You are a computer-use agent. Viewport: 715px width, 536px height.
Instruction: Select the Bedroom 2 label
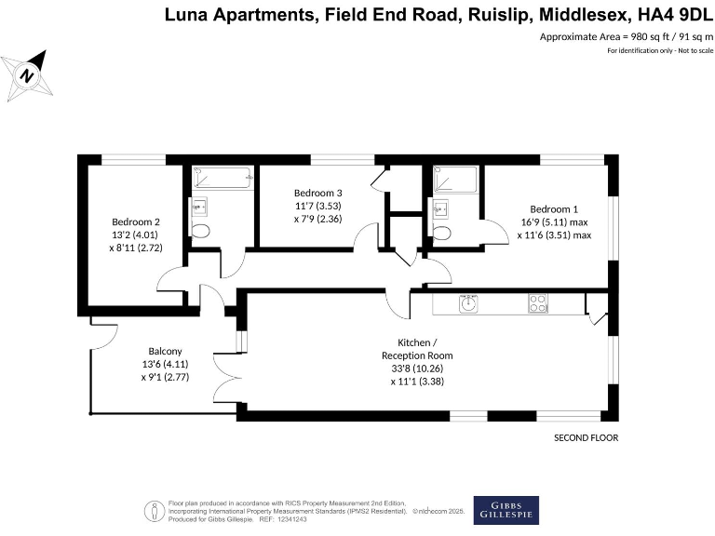(136, 221)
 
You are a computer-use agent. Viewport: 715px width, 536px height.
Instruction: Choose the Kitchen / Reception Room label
(416, 349)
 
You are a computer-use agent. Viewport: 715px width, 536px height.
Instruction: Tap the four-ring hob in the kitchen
(537, 301)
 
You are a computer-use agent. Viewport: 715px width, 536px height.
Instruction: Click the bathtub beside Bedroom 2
(222, 177)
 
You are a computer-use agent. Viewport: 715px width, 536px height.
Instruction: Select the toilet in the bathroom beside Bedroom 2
(199, 230)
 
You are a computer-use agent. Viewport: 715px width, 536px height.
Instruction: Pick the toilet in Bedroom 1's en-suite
(442, 232)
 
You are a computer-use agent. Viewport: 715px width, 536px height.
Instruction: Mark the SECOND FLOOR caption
(586, 437)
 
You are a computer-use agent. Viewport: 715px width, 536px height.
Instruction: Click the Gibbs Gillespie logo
(506, 509)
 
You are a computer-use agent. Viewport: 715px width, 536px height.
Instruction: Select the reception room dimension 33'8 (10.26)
(417, 366)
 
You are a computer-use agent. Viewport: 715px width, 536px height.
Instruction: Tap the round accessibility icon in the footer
(152, 509)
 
